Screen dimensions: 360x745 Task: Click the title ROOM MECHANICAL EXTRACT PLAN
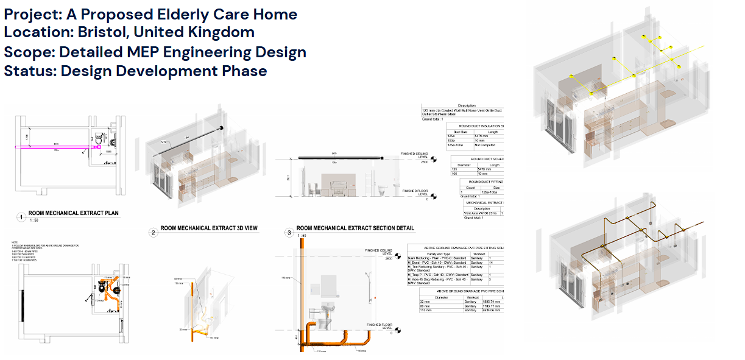click(74, 214)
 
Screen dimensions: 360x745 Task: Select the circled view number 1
click(21, 216)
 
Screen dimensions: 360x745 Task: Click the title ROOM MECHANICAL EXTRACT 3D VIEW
click(209, 228)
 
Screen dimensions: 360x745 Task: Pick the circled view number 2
click(153, 231)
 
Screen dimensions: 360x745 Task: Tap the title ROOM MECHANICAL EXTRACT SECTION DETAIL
click(355, 228)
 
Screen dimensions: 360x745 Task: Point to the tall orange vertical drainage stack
click(302, 286)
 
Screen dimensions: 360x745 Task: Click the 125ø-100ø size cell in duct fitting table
click(485, 192)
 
